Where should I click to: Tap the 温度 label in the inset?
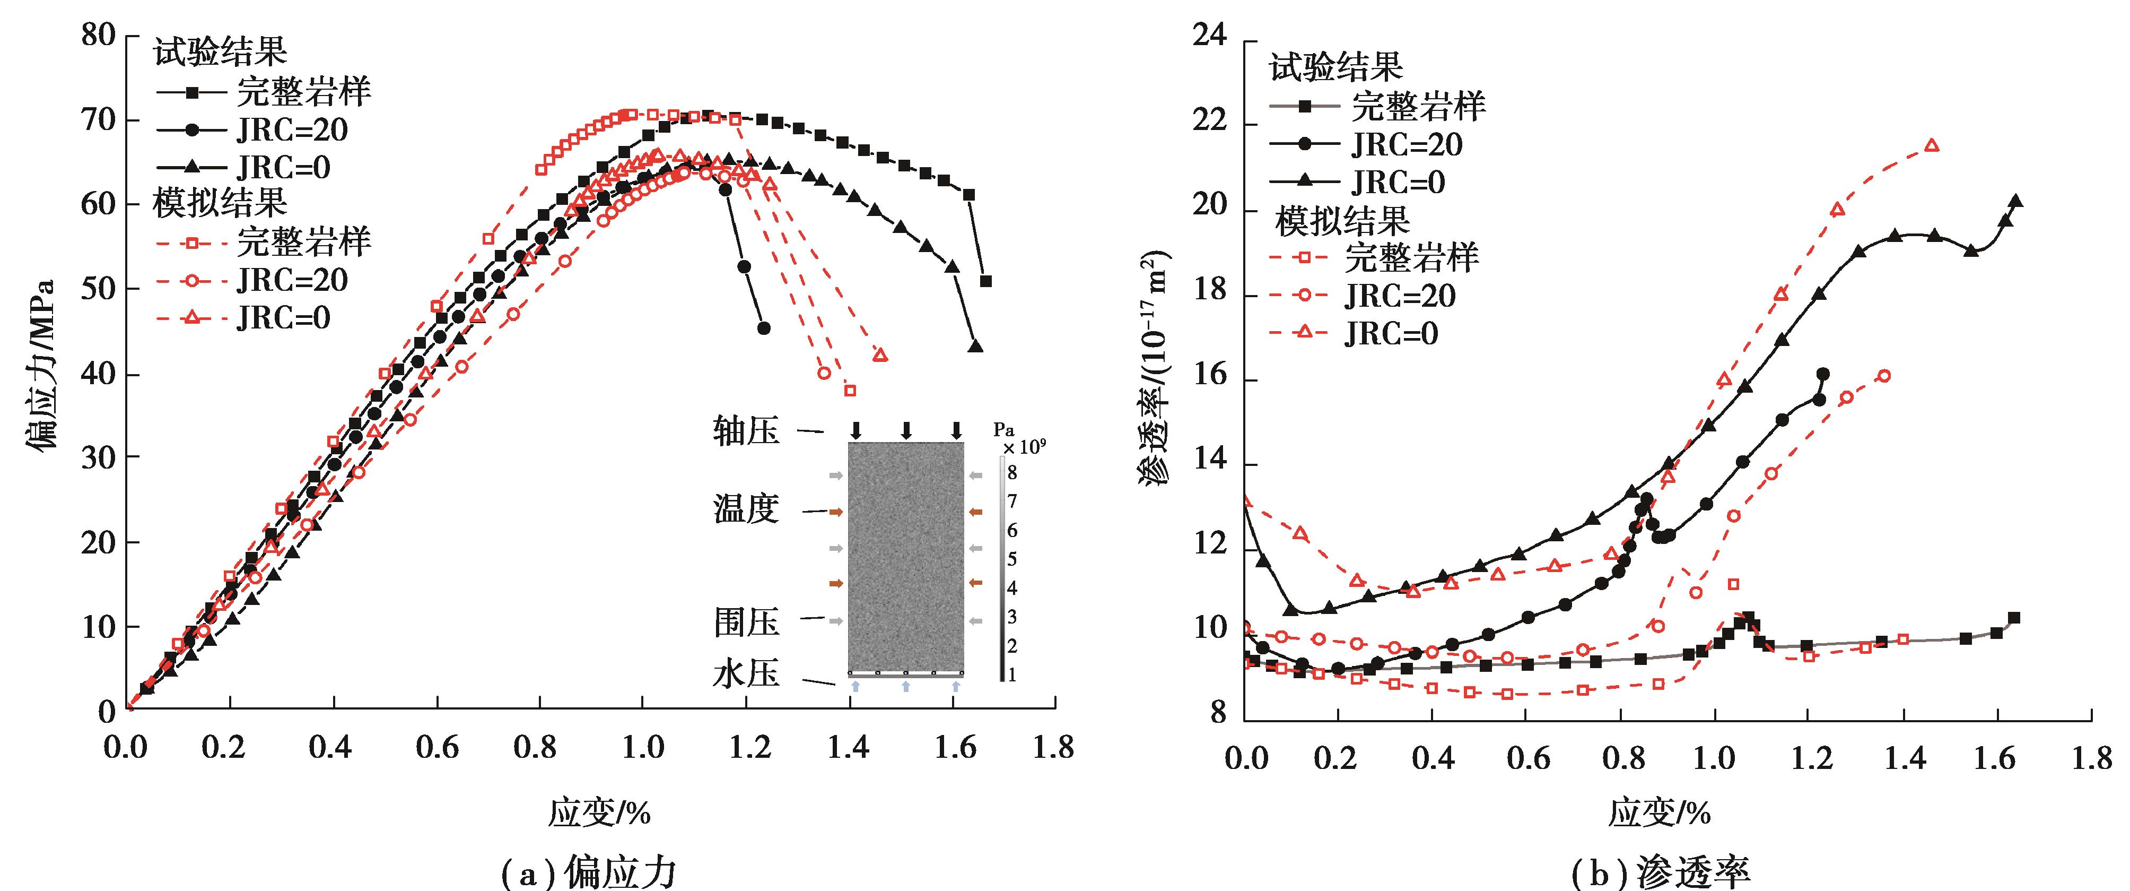point(746,509)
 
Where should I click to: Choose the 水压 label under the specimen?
point(746,674)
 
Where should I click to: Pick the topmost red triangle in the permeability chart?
point(1932,145)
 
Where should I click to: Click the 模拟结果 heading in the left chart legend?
point(220,203)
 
